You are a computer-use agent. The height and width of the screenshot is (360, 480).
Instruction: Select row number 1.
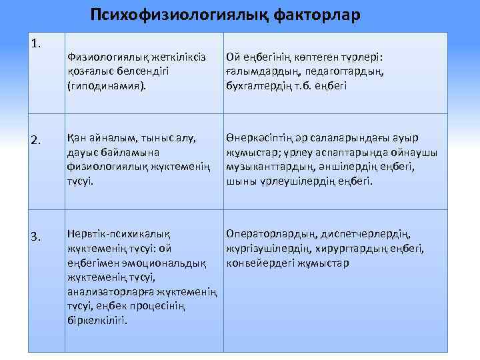tap(37, 44)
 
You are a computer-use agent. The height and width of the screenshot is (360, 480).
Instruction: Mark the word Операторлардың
tap(271, 234)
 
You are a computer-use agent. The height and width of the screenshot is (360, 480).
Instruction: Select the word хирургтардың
tap(361, 249)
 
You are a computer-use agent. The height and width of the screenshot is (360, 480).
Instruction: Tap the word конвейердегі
tap(257, 263)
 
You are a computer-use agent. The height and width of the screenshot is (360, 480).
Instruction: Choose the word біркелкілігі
tap(97, 320)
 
